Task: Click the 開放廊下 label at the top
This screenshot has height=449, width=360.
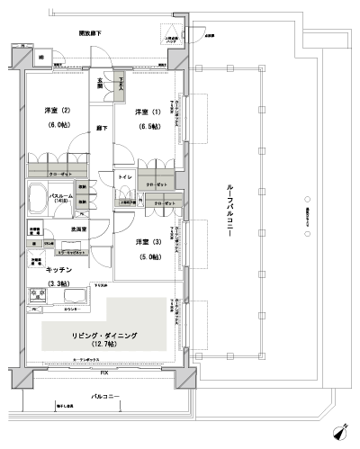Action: pos(88,33)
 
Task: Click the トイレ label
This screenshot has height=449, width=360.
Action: pos(126,179)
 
